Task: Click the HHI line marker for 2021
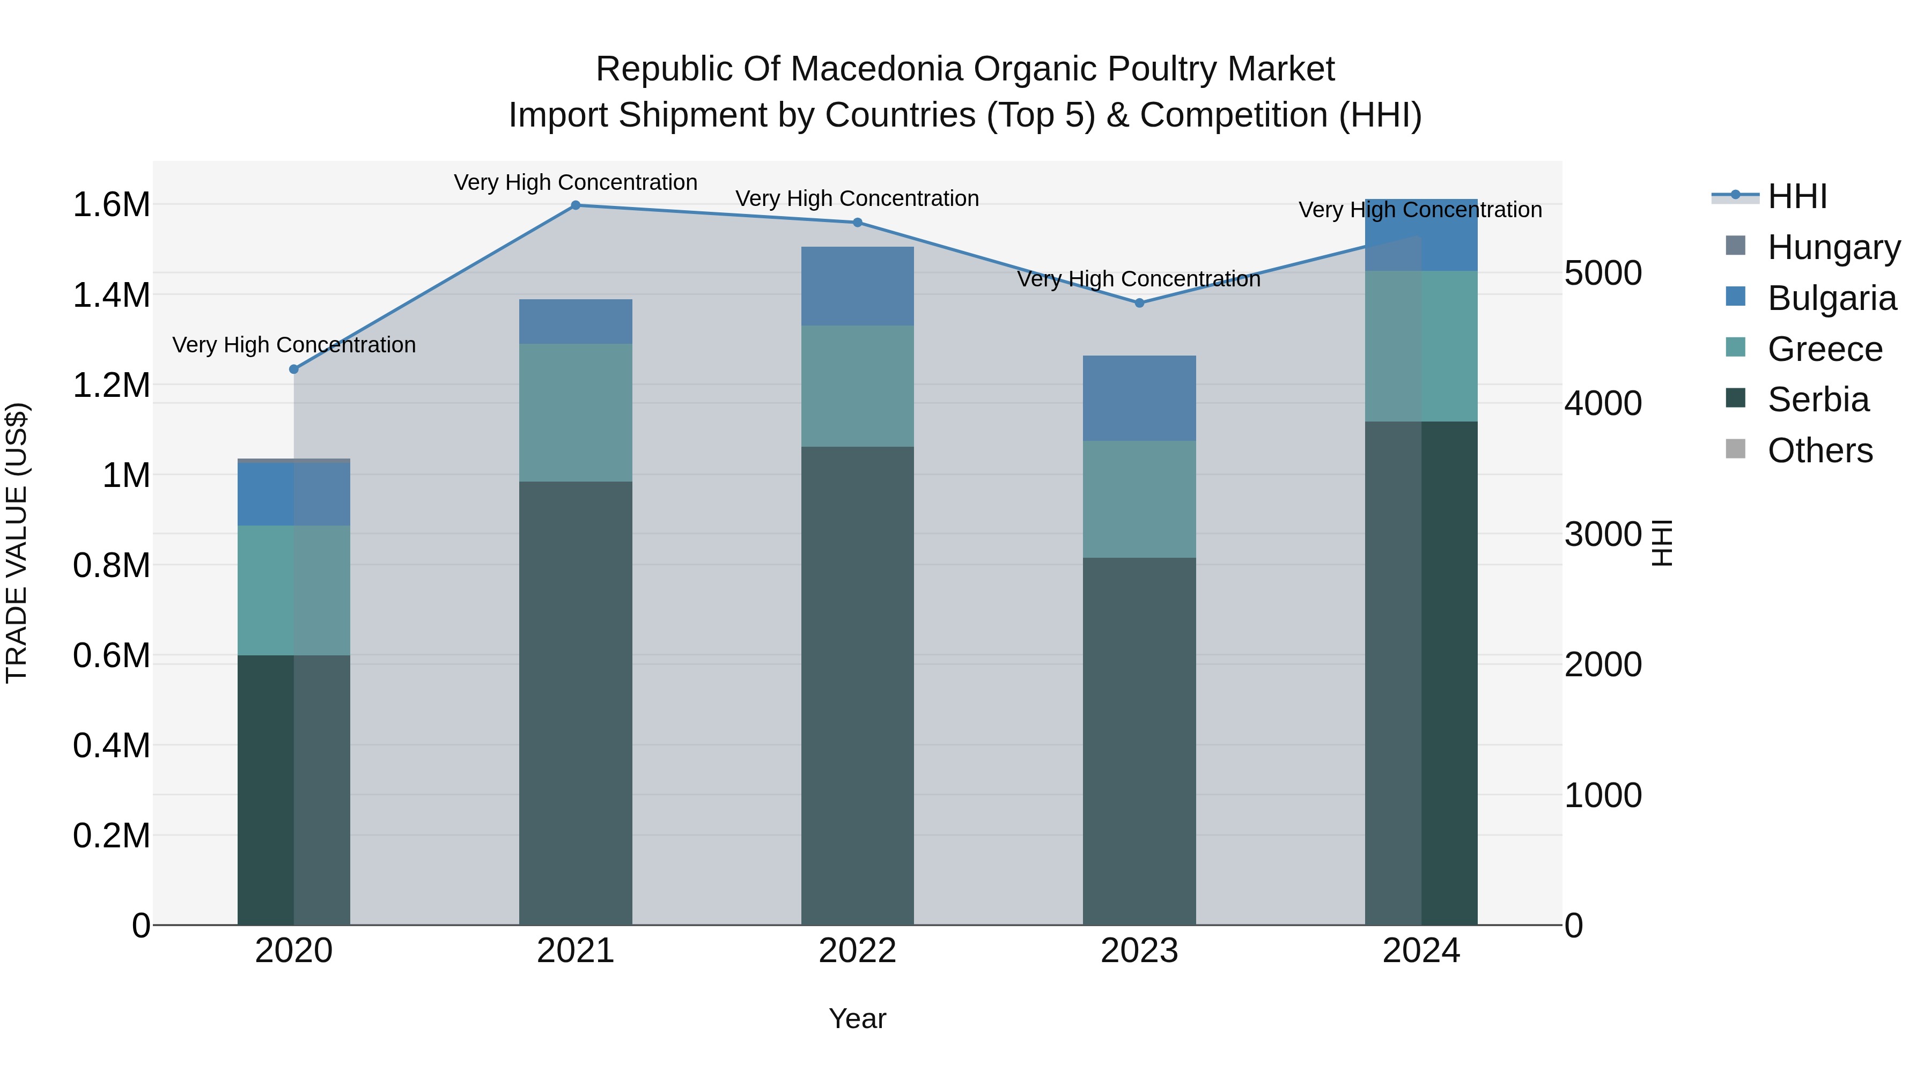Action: click(576, 205)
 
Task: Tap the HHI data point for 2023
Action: click(1139, 303)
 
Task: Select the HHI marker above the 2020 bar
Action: click(294, 370)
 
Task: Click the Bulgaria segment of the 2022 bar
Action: click(858, 286)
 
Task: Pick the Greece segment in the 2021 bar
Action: click(576, 412)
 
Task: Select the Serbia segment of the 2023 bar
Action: click(1139, 741)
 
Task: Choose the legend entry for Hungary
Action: click(1833, 247)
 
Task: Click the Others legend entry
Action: click(1819, 450)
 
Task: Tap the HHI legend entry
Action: click(1797, 196)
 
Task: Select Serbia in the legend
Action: click(1818, 400)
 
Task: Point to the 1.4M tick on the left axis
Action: click(112, 294)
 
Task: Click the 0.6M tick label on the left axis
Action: click(112, 655)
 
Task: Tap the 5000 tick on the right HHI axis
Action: click(1603, 273)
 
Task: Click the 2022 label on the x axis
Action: click(858, 951)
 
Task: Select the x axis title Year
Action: click(858, 1018)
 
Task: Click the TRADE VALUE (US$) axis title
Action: click(17, 543)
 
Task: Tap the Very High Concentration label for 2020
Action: click(294, 345)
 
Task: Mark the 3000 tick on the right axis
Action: click(1603, 534)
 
